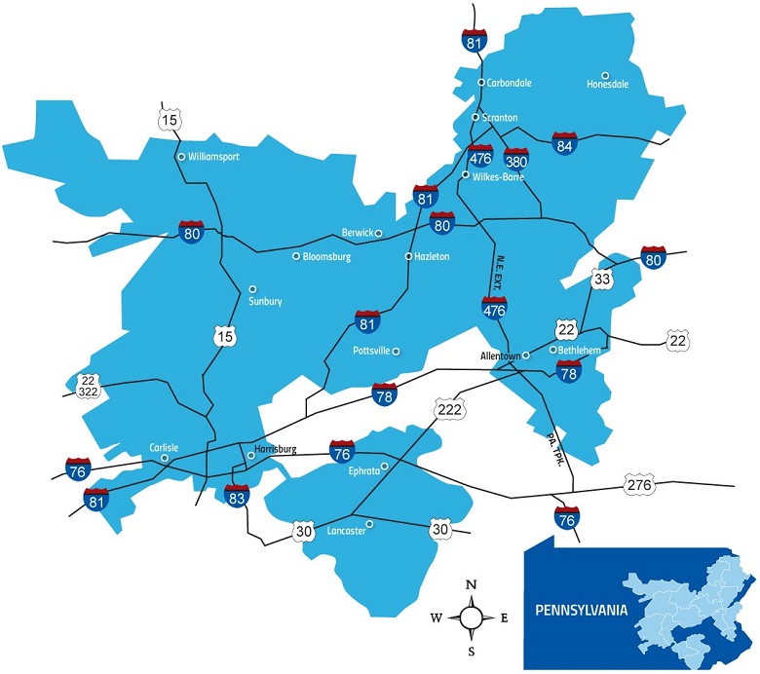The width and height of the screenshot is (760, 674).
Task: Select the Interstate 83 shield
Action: click(237, 497)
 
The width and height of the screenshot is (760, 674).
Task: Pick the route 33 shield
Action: click(601, 280)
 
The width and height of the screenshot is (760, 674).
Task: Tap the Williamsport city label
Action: click(213, 156)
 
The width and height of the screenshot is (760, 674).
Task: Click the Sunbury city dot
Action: click(252, 288)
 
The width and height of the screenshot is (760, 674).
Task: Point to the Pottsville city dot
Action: click(396, 351)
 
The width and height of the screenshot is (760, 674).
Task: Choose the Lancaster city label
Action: click(347, 533)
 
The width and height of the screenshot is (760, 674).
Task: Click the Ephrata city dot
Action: click(384, 467)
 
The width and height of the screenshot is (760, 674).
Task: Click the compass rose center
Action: click(471, 617)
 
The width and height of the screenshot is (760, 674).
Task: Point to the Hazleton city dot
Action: click(409, 256)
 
